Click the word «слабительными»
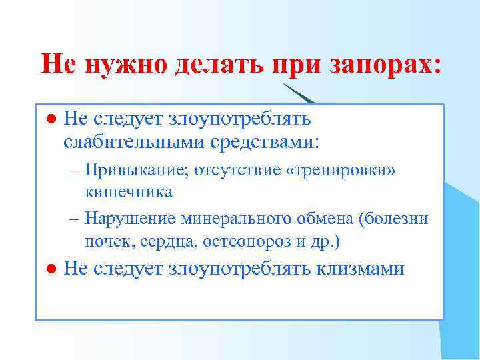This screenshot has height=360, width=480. [x=134, y=142]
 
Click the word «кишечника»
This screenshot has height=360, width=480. [x=129, y=192]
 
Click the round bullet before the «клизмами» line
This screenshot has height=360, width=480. [x=49, y=269]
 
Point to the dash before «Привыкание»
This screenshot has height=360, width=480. [x=73, y=171]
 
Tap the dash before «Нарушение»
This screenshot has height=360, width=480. [x=73, y=219]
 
